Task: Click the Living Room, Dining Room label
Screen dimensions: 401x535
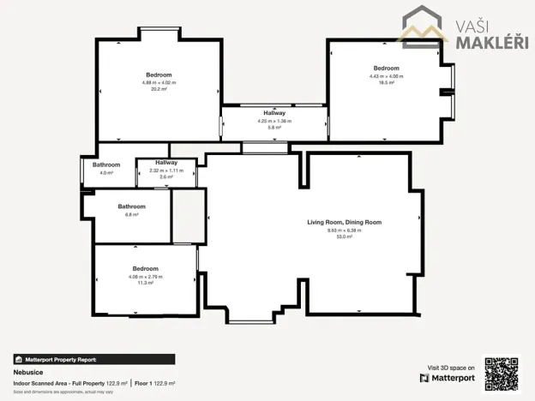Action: tap(344, 223)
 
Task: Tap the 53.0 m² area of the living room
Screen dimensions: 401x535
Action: tap(344, 236)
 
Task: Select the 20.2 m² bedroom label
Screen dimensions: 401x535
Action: tap(159, 75)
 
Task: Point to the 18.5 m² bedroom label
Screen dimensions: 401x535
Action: tap(386, 68)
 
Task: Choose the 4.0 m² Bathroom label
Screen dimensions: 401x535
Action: tap(106, 164)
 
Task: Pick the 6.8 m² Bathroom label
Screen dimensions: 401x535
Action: tap(131, 206)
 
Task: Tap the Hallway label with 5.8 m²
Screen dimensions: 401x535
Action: tap(274, 113)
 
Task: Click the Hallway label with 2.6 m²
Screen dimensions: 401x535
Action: tap(166, 162)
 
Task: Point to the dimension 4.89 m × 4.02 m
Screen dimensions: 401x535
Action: tap(159, 82)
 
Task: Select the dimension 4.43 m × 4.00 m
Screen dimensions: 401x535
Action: tap(386, 76)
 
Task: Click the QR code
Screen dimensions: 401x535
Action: tap(502, 373)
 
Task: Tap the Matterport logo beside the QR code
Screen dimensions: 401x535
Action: tap(447, 377)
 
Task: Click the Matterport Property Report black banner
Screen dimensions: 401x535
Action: tap(94, 360)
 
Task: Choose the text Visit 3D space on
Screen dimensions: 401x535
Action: tap(450, 367)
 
